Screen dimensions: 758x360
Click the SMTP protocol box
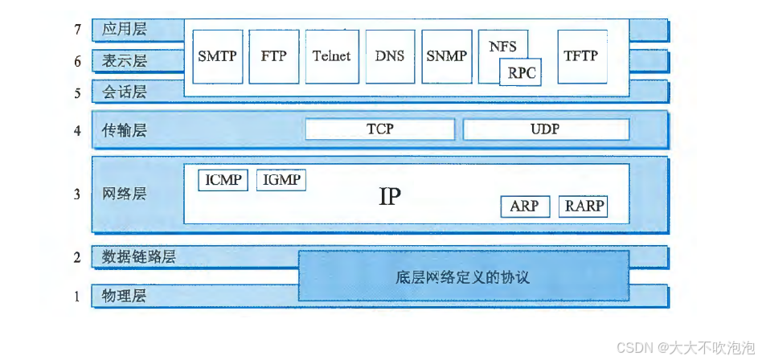218,56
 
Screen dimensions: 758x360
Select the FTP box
273,56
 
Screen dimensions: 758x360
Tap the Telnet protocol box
331,56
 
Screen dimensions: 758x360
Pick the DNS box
390,56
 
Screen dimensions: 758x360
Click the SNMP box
447,56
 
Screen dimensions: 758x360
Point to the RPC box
520,74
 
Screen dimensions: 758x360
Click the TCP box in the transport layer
379,129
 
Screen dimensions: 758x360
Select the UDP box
545,129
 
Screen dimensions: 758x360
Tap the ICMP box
223,180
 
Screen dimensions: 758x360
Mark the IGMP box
281,180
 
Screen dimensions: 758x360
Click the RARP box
583,207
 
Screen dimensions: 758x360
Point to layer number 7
78,30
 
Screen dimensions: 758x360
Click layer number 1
78,297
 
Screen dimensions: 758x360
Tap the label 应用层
125,30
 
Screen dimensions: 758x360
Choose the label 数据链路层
139,257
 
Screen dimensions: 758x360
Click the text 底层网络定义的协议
463,278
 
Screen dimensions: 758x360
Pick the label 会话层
125,92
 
